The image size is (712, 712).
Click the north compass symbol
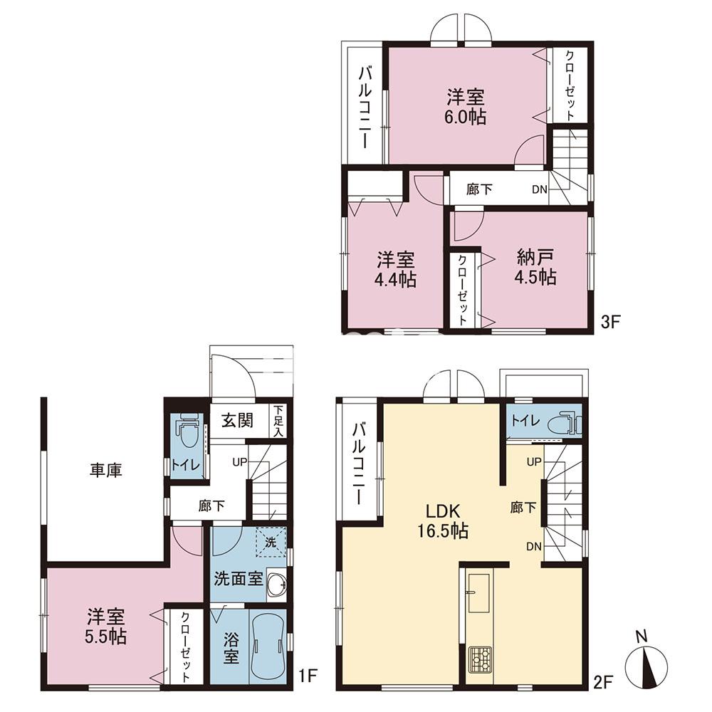pos(646,661)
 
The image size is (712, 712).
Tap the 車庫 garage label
pos(106,471)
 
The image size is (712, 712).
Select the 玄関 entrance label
pos(237,421)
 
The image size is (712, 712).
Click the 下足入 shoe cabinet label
pos(278,421)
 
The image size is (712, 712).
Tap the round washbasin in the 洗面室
pos(276,585)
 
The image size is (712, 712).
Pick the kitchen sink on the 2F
pos(478,593)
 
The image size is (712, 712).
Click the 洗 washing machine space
pos(271,542)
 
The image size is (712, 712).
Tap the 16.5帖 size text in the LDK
pos(443,531)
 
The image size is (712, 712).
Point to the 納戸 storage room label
pos(535,258)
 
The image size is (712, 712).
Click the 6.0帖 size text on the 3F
pos(465,117)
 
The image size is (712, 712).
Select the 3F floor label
pos(610,323)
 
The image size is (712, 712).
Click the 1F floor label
pos(307,676)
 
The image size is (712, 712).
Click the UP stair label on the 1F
pos(239,462)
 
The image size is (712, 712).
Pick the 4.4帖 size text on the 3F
pos(395,279)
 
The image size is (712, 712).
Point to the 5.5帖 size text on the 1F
pos(105,637)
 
